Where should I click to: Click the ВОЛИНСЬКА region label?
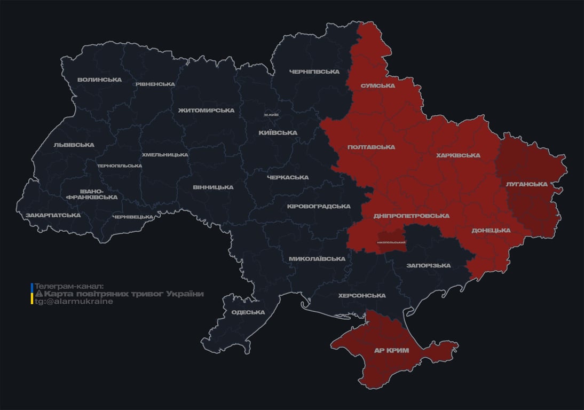coord(99,80)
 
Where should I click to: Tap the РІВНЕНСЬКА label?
coord(155,84)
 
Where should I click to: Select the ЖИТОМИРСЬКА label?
coord(206,111)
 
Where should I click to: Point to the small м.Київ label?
coord(271,115)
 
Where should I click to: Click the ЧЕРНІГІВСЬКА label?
coord(314,72)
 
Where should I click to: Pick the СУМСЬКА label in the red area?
coord(377,85)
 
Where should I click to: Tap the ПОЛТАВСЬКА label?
coord(371,147)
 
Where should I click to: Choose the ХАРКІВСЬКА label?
coord(458,155)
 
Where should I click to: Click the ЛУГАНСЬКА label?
coord(527,184)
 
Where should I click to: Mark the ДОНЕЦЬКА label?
coord(491,231)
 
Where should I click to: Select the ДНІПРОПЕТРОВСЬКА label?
coord(411,216)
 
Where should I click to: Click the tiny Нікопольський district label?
coord(391,242)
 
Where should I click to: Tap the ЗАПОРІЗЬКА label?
coord(428,265)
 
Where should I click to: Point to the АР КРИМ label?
coord(391,350)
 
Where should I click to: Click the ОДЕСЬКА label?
coord(248,312)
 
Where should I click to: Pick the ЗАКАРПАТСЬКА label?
coord(53,215)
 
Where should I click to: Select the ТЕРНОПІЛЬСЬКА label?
coord(120,165)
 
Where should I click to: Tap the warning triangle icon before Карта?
coord(38,294)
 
